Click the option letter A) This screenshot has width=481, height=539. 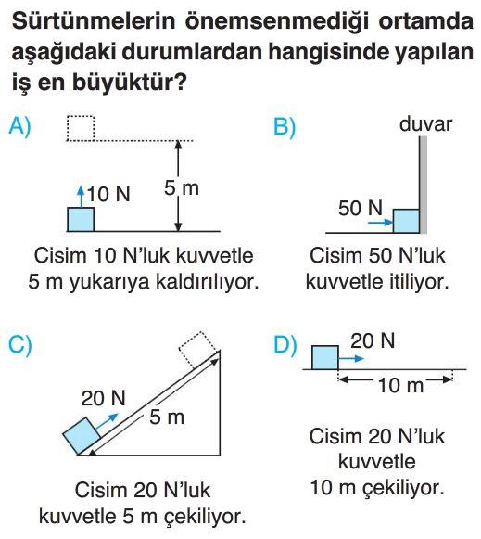click(x=19, y=126)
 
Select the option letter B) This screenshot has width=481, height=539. click(x=285, y=127)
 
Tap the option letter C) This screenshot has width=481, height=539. click(x=19, y=344)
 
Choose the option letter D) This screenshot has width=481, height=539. click(x=285, y=344)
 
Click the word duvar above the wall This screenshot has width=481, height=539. click(x=425, y=123)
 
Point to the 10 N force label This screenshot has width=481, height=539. click(x=108, y=194)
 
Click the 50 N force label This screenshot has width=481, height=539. click(x=361, y=208)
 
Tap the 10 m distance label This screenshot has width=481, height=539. click(x=400, y=385)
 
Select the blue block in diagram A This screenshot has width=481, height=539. click(x=81, y=219)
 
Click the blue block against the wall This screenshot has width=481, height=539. click(x=406, y=221)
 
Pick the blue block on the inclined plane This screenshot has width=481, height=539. click(x=82, y=435)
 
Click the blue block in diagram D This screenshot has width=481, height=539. click(x=324, y=357)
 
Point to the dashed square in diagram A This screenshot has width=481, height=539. click(x=81, y=128)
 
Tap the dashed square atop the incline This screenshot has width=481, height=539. click(x=198, y=349)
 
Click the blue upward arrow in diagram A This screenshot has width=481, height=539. click(x=81, y=197)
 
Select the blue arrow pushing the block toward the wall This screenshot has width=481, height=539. click(x=380, y=222)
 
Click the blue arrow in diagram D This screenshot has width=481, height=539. click(x=351, y=358)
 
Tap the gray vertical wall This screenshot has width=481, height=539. click(x=424, y=185)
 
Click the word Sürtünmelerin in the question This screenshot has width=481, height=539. click(x=94, y=21)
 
